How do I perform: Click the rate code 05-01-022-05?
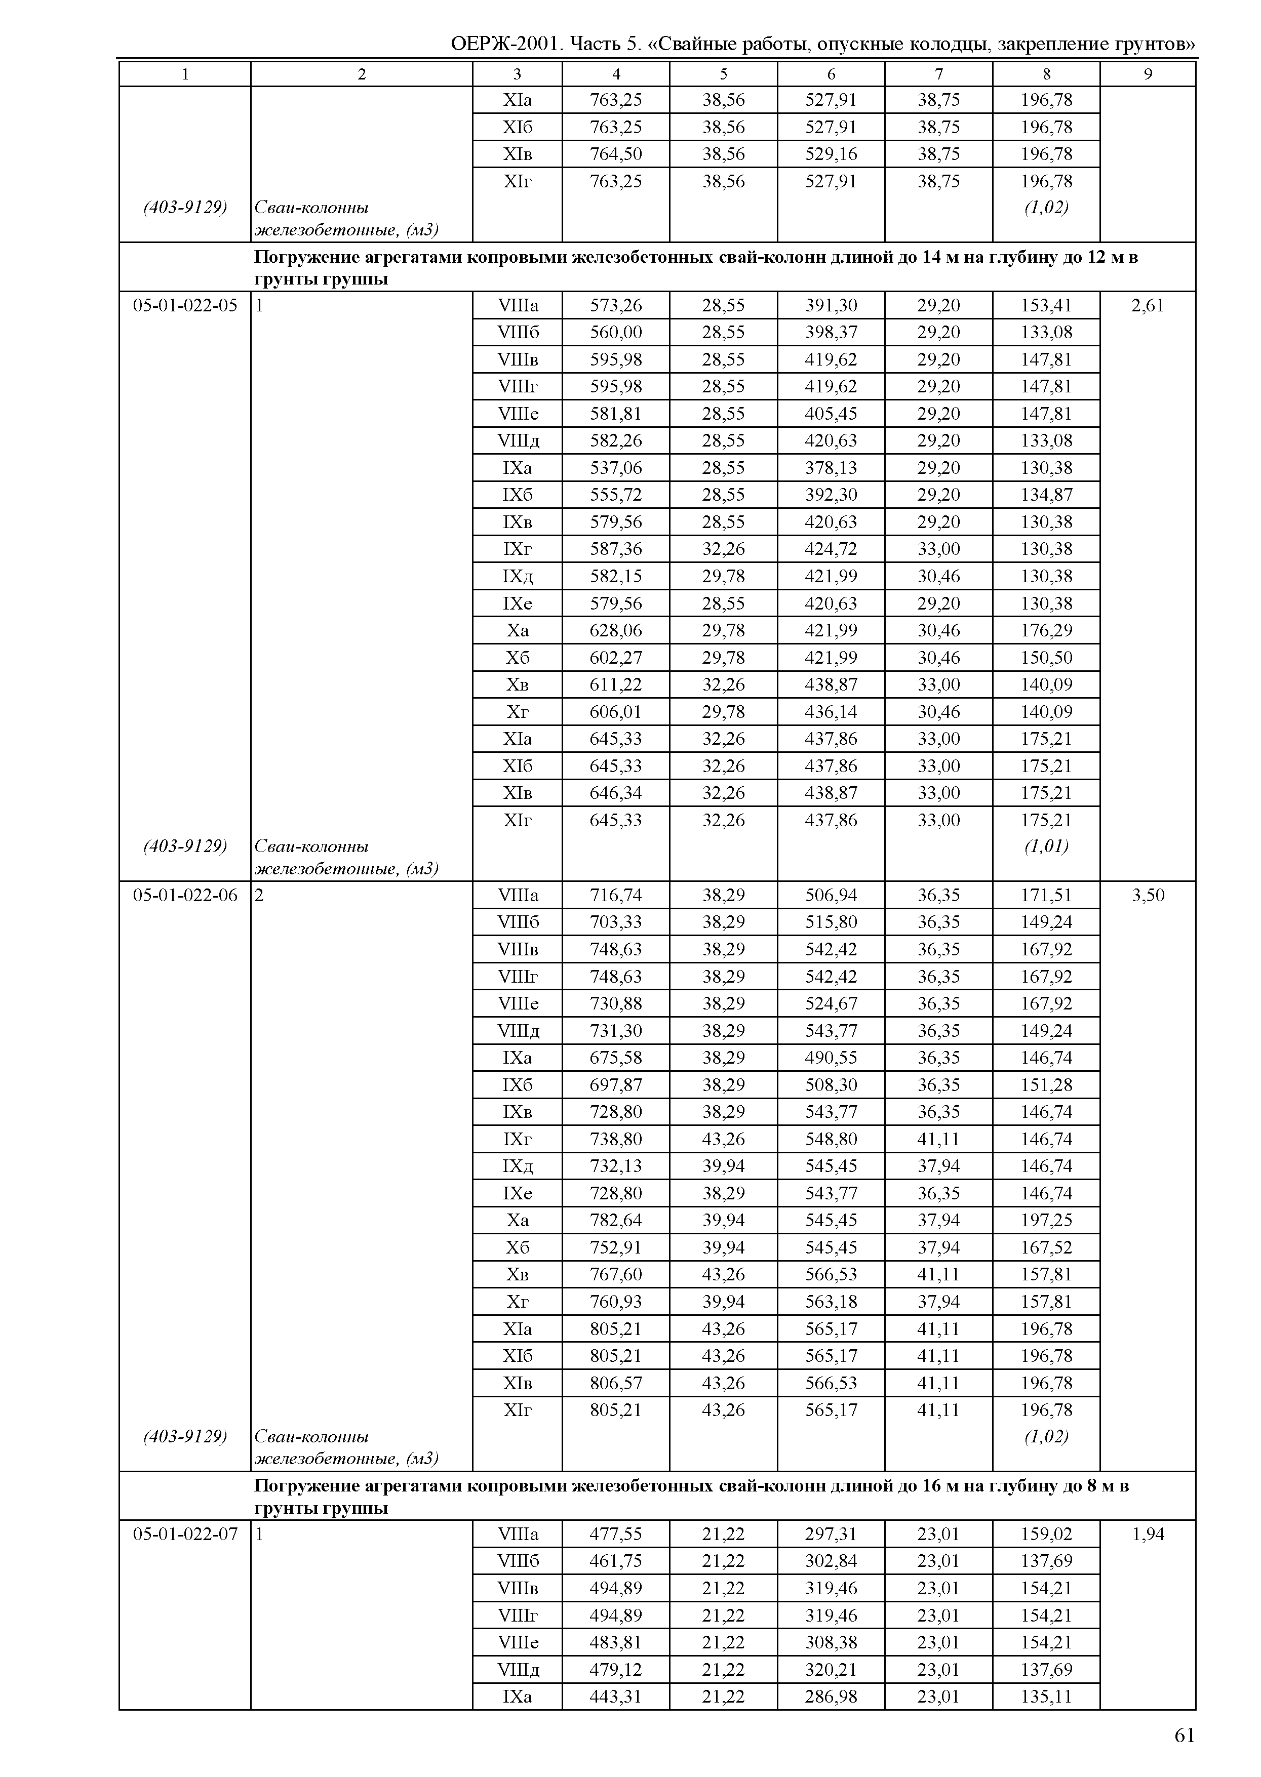[x=185, y=305]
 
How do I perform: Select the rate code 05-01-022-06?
[x=185, y=895]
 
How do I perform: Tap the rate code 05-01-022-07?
[x=185, y=1534]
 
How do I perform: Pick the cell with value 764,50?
[x=616, y=154]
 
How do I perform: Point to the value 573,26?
[x=616, y=305]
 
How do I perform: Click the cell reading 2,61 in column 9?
[x=1148, y=305]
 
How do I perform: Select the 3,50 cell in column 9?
[x=1148, y=895]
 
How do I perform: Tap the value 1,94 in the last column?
[x=1148, y=1534]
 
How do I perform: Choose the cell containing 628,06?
[x=616, y=630]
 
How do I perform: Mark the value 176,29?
[x=1046, y=630]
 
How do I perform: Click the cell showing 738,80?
[x=616, y=1139]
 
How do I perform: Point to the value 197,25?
[x=1046, y=1221]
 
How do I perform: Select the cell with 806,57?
[x=616, y=1383]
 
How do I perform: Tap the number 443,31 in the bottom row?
[x=616, y=1697]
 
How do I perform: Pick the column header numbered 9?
[x=1148, y=74]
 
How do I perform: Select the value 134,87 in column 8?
[x=1046, y=495]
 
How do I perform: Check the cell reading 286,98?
[x=831, y=1697]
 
